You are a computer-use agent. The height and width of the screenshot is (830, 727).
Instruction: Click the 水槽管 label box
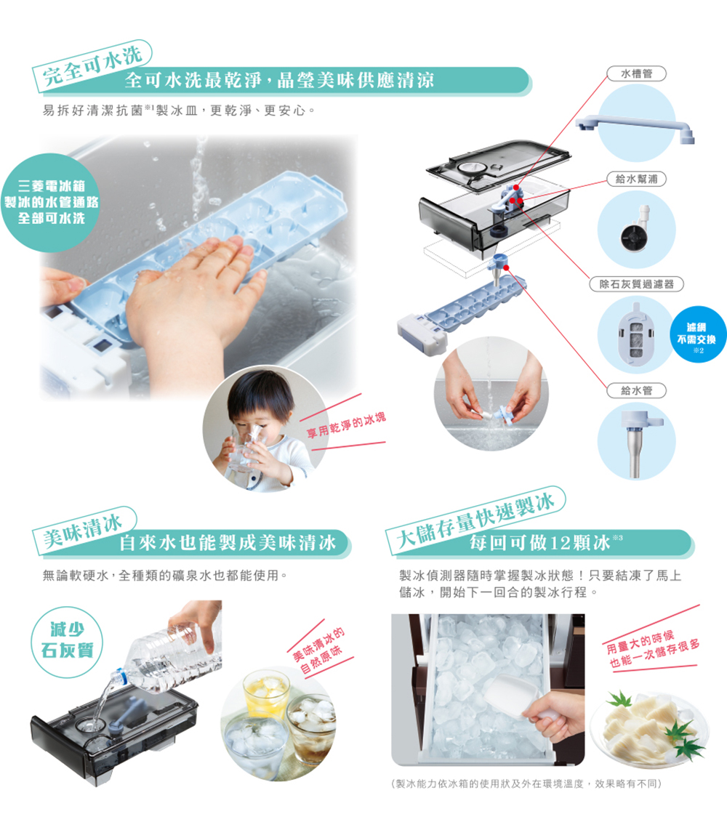[636, 73]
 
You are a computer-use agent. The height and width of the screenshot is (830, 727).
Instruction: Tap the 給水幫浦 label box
[636, 179]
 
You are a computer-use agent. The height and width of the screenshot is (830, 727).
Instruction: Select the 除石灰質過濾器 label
[636, 284]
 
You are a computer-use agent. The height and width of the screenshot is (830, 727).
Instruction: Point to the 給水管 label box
[636, 390]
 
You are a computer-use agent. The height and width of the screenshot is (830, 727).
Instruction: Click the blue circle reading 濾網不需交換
[699, 334]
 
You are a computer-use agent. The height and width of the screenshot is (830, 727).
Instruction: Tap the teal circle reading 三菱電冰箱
[51, 202]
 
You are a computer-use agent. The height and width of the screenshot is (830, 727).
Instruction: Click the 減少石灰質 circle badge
[67, 642]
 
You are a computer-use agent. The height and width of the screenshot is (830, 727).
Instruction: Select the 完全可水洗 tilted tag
[92, 65]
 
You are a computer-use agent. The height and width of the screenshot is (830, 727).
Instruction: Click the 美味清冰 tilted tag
[85, 531]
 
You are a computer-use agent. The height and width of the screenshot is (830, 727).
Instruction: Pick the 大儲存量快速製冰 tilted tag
[475, 520]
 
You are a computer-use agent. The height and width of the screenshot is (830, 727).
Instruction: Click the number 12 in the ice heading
[561, 543]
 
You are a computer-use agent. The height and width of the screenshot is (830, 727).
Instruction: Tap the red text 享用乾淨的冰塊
[347, 425]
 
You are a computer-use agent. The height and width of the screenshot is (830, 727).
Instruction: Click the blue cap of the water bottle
[119, 676]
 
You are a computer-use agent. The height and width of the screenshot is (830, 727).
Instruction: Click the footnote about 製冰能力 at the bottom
[526, 783]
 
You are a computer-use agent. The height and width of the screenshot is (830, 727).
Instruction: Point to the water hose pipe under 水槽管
[635, 126]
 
